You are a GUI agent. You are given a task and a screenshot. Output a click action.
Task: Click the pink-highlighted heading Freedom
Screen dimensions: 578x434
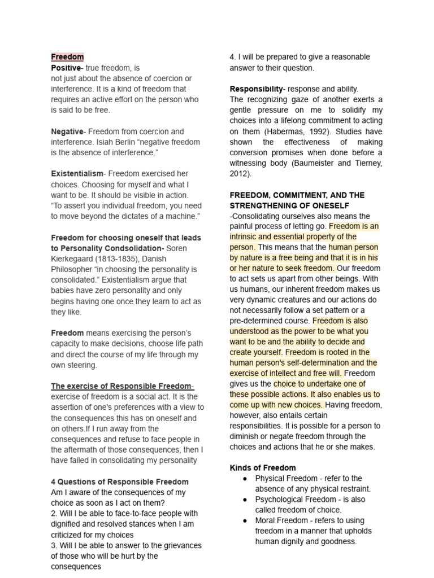click(x=67, y=57)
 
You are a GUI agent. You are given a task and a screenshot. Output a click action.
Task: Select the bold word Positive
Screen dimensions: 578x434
click(x=66, y=68)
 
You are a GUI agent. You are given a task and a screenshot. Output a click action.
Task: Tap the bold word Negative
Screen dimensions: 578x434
click(x=67, y=132)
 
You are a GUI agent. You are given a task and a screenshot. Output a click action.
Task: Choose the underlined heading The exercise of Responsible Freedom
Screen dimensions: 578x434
click(x=122, y=386)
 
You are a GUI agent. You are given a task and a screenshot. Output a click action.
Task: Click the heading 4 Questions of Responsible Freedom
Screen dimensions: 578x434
click(x=120, y=481)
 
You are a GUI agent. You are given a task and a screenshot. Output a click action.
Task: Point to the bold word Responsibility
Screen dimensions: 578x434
click(x=256, y=89)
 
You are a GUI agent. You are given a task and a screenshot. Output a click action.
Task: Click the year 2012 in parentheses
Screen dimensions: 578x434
click(x=240, y=174)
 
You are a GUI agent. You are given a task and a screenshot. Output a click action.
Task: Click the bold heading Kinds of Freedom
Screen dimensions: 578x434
click(x=262, y=468)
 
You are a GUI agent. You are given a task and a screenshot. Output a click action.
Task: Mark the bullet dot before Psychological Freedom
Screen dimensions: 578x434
click(x=244, y=500)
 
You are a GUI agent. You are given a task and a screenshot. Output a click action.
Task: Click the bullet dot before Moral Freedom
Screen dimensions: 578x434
click(x=244, y=520)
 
